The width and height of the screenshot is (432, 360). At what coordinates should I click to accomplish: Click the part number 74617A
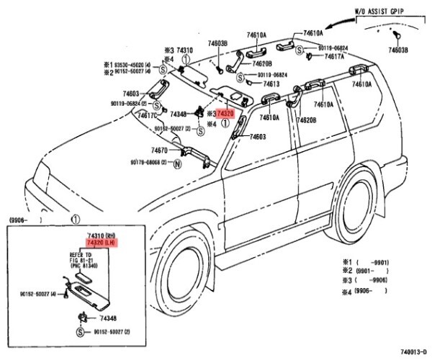(333, 55)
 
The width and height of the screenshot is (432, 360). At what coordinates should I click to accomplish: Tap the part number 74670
(159, 150)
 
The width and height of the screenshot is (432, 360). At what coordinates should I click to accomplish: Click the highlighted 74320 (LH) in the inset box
(101, 245)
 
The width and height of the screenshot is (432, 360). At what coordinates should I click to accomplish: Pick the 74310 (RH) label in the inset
(101, 237)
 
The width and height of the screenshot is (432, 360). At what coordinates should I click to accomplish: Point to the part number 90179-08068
(149, 163)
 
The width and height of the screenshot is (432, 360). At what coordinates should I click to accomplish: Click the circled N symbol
(177, 163)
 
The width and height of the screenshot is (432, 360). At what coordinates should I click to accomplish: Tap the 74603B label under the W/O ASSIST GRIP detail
(398, 51)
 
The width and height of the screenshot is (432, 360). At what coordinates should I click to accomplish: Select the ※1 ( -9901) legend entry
(364, 260)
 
